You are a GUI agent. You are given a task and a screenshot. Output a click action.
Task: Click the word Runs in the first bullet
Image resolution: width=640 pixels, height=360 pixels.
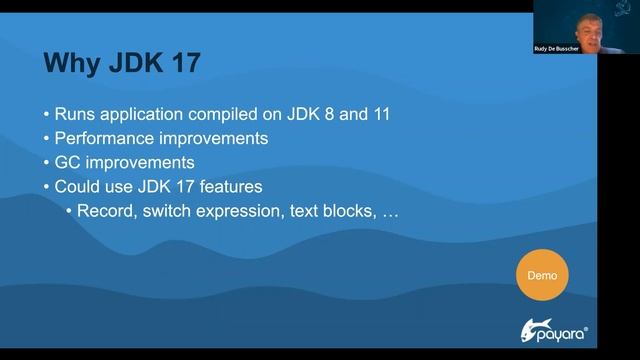click(75, 114)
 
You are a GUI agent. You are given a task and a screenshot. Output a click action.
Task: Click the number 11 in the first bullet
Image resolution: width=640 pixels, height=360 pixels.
click(379, 114)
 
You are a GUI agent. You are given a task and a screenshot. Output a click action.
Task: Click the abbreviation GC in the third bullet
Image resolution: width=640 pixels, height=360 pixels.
click(68, 162)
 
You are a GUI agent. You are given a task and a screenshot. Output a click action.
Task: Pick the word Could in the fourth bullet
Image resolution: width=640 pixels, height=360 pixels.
click(77, 186)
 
